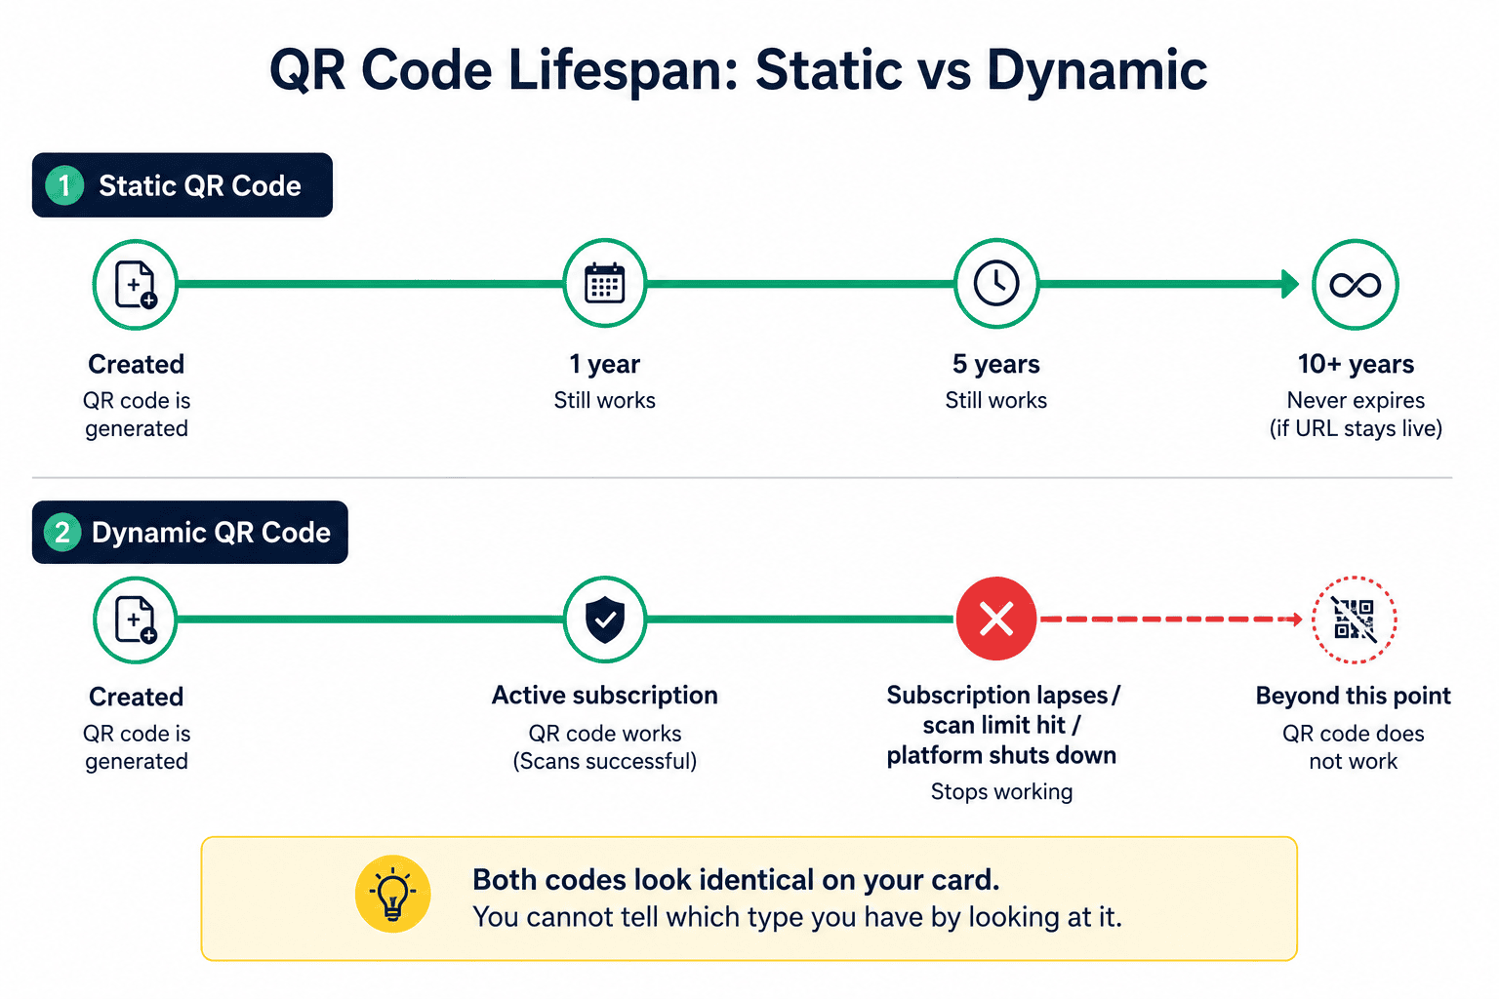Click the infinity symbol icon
point(1356,285)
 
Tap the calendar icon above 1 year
point(604,284)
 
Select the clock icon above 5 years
point(995,283)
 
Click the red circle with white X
point(995,619)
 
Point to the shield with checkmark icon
point(604,619)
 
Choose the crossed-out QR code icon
point(1354,619)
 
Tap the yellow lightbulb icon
point(393,894)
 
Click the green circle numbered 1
point(64,185)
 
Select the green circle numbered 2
point(62,533)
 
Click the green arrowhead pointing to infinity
point(1289,284)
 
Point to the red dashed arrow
point(1170,619)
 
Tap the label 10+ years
point(1356,364)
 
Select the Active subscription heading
point(604,696)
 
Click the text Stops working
point(1001,791)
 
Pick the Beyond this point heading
point(1354,696)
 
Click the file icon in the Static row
point(136,284)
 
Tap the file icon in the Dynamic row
point(136,619)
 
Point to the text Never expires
point(1356,400)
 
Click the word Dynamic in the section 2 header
point(149,534)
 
